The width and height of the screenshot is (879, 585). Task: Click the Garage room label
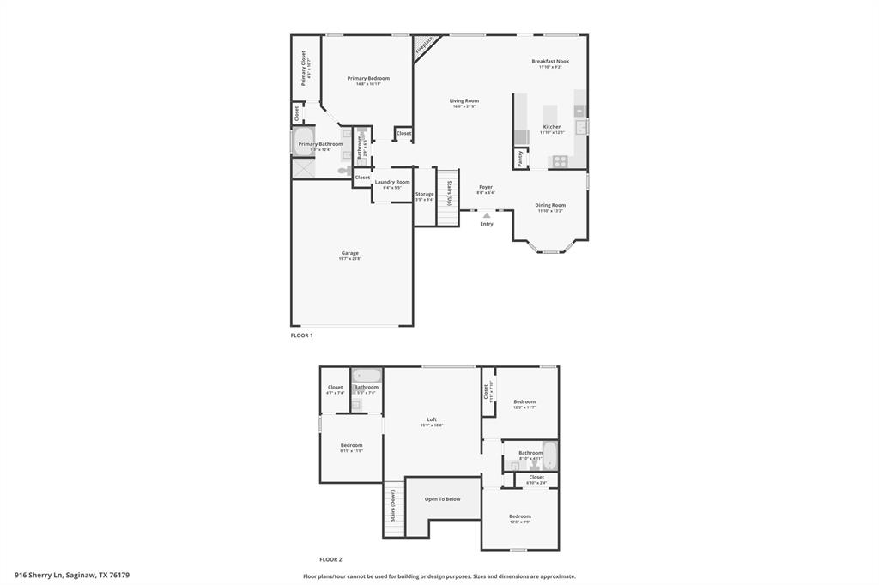(x=350, y=254)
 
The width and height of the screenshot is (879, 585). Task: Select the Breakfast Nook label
(x=550, y=62)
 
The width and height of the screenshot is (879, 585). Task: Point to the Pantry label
(x=520, y=159)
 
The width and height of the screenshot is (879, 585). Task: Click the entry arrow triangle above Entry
(x=487, y=215)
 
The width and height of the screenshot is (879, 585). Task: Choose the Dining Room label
(x=550, y=206)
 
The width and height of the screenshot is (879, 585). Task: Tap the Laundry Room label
(x=392, y=183)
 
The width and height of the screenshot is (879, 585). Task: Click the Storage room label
(x=425, y=195)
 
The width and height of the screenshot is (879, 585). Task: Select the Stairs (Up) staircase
(x=449, y=196)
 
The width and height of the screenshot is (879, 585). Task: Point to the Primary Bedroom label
(x=368, y=79)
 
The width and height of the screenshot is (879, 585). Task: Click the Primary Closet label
(x=304, y=67)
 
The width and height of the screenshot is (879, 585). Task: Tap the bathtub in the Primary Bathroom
(x=305, y=142)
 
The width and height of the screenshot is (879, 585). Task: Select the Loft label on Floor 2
(x=432, y=420)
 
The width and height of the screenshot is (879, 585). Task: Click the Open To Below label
(x=443, y=499)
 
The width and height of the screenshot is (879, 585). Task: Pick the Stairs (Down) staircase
(x=393, y=507)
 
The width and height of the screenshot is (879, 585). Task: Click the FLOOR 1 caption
(x=300, y=335)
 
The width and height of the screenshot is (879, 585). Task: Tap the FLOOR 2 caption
(x=330, y=559)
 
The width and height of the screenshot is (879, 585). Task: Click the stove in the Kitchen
(x=559, y=160)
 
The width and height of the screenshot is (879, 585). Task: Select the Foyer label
(x=486, y=187)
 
